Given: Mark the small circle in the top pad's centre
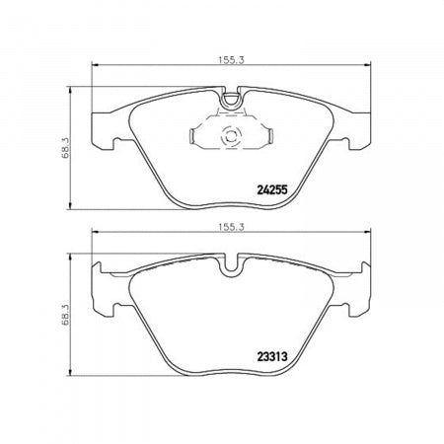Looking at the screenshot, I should tap(233, 138).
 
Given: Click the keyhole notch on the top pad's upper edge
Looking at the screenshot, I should tap(233, 98).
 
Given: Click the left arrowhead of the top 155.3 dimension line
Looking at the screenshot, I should tap(95, 68).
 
